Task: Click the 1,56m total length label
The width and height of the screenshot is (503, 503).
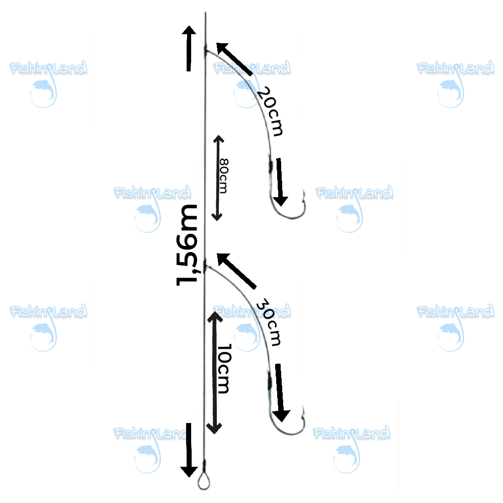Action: tap(187, 245)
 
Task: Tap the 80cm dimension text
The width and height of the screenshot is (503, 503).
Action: tap(224, 176)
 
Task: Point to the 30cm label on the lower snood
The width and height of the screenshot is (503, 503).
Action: tap(269, 322)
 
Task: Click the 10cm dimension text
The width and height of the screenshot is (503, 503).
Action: tap(224, 369)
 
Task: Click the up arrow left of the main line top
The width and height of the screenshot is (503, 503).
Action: tap(189, 48)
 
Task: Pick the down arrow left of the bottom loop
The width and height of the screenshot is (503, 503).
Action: tap(189, 450)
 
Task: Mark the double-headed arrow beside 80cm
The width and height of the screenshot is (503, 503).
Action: tap(218, 178)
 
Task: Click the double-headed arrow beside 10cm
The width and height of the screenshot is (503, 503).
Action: tap(214, 372)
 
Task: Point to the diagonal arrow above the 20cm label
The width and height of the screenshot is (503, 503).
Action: tap(234, 59)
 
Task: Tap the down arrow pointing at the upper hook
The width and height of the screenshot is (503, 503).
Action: tap(280, 182)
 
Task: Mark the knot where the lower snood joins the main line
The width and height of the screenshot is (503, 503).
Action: tap(205, 266)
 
